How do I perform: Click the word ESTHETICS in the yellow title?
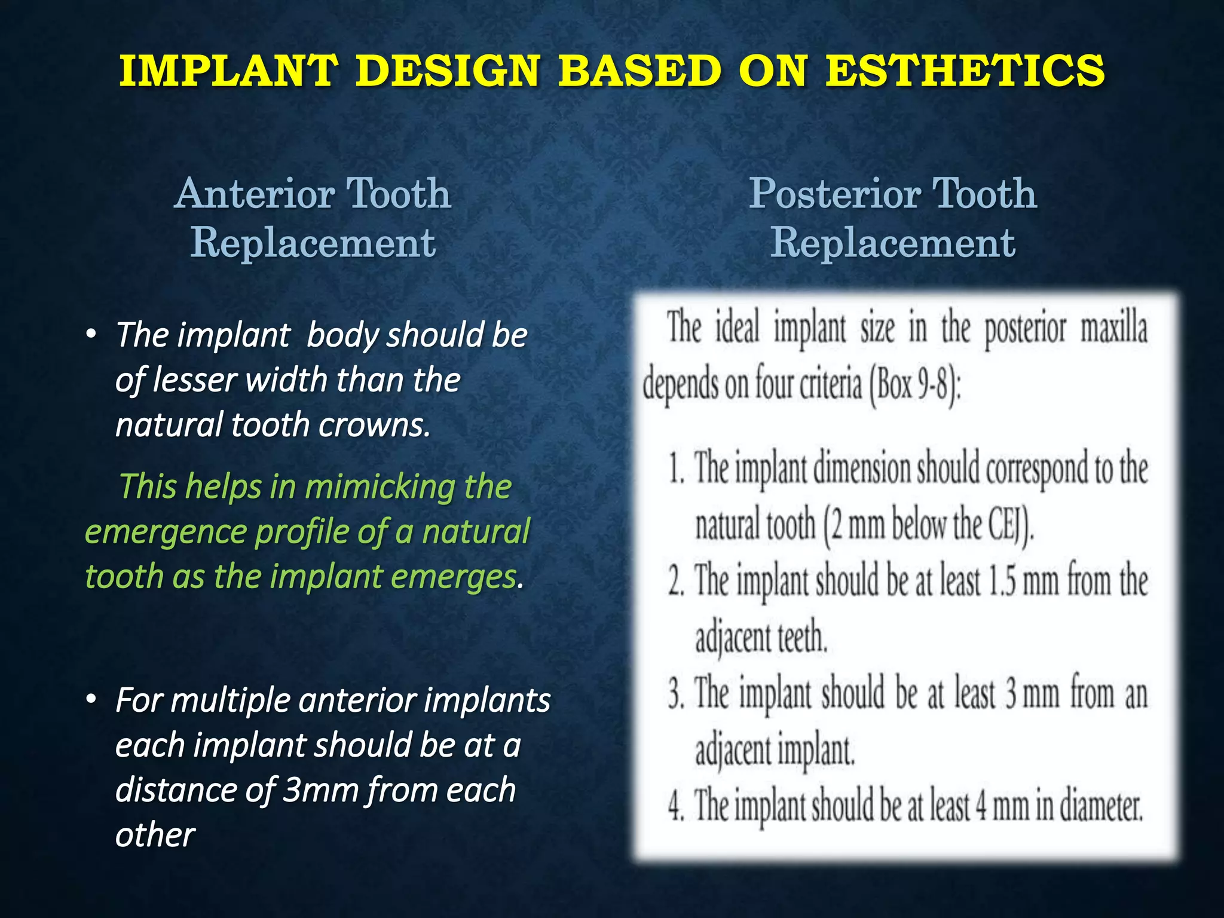click(965, 71)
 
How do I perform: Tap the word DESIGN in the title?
click(447, 71)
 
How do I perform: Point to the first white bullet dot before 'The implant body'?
click(91, 335)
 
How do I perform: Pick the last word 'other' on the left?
click(155, 835)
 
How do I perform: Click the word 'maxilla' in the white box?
click(1113, 330)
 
